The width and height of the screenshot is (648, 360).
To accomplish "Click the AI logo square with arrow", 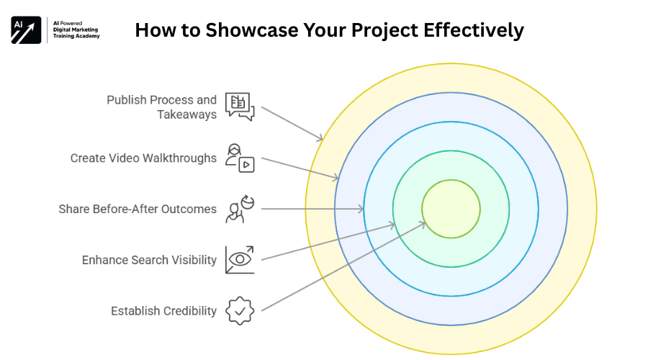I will click(x=26, y=30).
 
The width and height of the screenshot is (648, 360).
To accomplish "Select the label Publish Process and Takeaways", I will click(x=161, y=107).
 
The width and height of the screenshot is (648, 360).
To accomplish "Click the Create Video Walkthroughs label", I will click(x=143, y=158).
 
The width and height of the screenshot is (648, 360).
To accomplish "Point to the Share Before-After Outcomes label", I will click(x=138, y=209).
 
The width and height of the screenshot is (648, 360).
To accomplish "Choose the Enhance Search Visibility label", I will click(x=149, y=260).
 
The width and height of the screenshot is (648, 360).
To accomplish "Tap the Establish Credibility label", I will click(x=163, y=311).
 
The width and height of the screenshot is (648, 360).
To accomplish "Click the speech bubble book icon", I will click(x=240, y=106).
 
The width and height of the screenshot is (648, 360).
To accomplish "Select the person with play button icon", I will click(x=240, y=157).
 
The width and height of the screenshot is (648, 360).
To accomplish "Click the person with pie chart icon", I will click(x=240, y=209).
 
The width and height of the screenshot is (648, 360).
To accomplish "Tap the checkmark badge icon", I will click(x=240, y=311).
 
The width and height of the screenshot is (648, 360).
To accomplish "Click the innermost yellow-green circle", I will click(x=451, y=209).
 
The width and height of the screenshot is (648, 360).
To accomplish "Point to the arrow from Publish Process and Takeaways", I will click(x=292, y=123).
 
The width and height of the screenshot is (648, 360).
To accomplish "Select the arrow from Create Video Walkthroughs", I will click(x=299, y=168).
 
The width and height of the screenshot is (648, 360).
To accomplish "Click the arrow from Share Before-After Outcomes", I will click(x=312, y=209).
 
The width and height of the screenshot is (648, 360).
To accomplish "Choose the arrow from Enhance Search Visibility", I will click(x=328, y=242).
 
